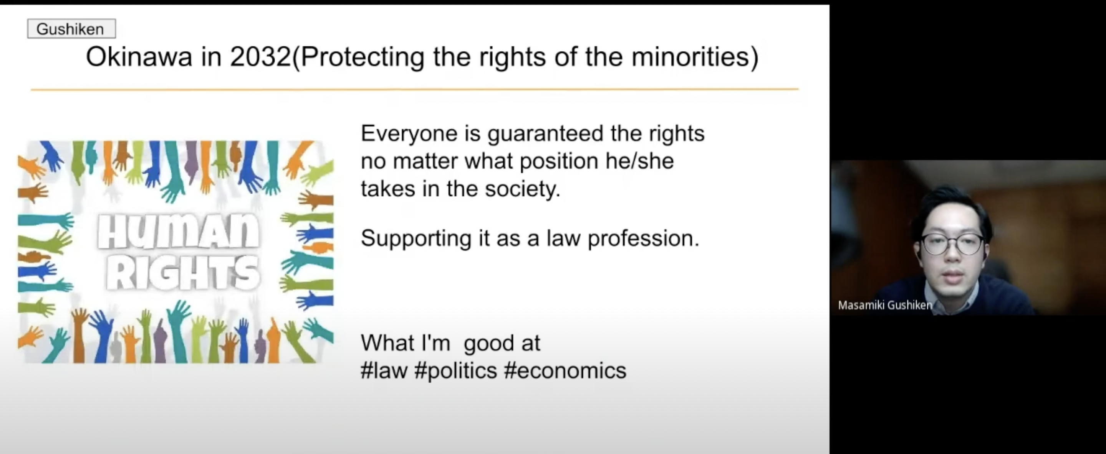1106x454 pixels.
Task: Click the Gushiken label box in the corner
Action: pos(71,29)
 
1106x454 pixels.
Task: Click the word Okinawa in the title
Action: pos(139,57)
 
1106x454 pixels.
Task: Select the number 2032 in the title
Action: pos(261,57)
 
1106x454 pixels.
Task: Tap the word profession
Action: pos(643,239)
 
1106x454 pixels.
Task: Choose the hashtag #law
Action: pos(384,370)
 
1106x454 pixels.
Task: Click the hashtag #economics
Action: pos(565,370)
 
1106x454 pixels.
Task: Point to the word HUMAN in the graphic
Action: pos(178,232)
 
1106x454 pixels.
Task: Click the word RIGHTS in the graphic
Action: pos(183,273)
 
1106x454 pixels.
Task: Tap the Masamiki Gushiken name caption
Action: pos(885,305)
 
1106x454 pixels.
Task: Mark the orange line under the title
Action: pos(414,90)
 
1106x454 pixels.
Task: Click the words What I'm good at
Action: pos(450,343)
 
